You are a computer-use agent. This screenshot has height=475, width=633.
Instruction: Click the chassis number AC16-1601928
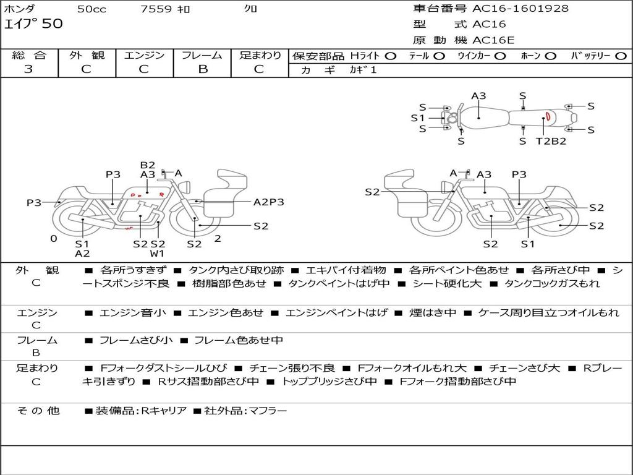[x=520, y=8]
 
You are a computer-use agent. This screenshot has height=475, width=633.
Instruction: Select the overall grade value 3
[x=28, y=69]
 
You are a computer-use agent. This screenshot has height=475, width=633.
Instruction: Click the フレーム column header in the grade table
[x=202, y=55]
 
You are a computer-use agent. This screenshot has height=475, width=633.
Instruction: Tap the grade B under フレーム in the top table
[x=203, y=69]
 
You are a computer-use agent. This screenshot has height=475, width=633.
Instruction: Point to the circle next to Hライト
[x=391, y=56]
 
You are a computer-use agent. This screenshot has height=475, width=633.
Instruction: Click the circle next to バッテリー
[x=621, y=56]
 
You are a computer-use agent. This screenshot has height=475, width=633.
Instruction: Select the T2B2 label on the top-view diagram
[x=551, y=141]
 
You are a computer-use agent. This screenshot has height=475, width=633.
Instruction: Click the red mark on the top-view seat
[x=548, y=116]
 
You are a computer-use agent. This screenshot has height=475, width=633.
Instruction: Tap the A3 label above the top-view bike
[x=479, y=96]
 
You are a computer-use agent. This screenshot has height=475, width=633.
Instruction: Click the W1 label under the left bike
[x=157, y=254]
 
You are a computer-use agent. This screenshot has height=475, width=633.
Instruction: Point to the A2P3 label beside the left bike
[x=269, y=202]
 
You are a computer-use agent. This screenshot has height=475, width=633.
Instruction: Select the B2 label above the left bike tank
[x=148, y=165]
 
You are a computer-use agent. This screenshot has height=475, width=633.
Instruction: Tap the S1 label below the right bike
[x=528, y=244]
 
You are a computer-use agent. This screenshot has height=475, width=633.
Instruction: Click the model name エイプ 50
[x=33, y=24]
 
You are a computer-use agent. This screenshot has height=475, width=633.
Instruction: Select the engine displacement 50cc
[x=91, y=9]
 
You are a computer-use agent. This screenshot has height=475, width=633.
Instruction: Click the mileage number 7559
[x=156, y=9]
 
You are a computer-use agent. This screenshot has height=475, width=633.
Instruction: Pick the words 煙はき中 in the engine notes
[x=433, y=312]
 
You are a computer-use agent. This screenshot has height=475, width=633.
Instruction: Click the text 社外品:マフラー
[x=245, y=411]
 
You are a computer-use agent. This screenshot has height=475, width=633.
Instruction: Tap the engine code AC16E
[x=493, y=40]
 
